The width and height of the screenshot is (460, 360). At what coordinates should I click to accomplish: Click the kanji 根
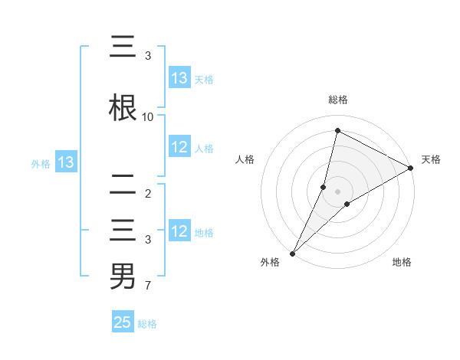point(123,107)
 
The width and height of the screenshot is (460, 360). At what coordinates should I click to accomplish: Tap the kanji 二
point(123,185)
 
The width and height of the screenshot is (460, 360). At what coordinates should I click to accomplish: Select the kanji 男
point(123,276)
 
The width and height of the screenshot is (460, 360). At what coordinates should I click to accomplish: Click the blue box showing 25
point(123,322)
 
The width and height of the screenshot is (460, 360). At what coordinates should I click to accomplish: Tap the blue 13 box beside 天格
point(179,78)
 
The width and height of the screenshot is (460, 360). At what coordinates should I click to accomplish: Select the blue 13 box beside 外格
point(65,162)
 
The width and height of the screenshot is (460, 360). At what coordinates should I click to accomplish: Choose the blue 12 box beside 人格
point(179,148)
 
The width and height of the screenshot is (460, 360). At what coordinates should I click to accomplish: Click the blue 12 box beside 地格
point(179,232)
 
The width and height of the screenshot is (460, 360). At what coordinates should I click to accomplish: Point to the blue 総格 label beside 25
point(147,323)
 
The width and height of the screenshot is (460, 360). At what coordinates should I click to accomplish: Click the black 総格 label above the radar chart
point(338,100)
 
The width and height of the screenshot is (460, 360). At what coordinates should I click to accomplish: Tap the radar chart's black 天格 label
point(431,159)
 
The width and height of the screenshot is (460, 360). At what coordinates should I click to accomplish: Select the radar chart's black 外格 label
point(270,263)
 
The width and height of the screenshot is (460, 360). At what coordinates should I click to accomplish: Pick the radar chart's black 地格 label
point(402,263)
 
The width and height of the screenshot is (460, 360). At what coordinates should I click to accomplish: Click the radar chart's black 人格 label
point(245,159)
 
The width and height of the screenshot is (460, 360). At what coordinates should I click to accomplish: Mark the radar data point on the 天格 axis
point(411,168)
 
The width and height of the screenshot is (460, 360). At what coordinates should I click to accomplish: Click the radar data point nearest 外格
point(292,253)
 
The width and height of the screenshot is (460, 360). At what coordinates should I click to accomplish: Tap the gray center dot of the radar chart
point(338,191)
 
